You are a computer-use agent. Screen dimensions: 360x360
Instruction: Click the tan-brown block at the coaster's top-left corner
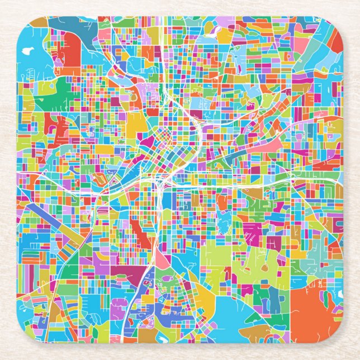(x=38, y=22)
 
